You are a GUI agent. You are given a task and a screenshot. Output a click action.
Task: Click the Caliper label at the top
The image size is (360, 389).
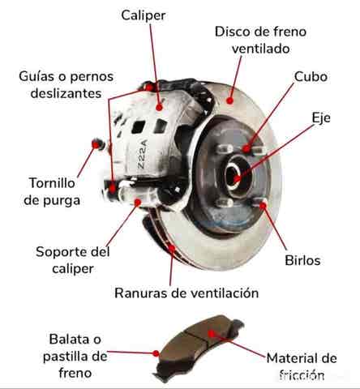pos(144,15)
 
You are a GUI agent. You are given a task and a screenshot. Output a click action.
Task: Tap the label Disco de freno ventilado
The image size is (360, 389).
pos(260,40)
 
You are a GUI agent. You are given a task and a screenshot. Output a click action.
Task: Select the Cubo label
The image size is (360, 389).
pos(311,76)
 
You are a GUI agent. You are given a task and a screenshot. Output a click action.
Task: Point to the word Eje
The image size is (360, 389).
pos(321,118)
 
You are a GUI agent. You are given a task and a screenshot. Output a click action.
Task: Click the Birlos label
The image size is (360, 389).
pos(302,260)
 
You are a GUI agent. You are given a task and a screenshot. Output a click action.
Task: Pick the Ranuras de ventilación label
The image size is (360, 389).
pos(186,293)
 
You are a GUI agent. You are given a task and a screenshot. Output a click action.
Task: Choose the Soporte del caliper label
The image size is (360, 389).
pos(73,260)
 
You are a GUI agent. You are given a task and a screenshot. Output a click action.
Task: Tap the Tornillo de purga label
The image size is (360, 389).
pos(52,191)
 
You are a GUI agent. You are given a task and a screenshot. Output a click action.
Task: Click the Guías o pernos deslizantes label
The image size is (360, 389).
pos(66,85)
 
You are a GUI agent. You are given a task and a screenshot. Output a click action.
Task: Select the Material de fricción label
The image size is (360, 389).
pos(302,366)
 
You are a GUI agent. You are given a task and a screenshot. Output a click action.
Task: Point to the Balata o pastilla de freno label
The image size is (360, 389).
pos(75,356)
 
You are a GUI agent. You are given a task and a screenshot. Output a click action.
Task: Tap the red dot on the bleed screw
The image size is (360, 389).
pos(96,144)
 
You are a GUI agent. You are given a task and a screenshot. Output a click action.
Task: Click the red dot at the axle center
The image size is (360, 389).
pos(237,178)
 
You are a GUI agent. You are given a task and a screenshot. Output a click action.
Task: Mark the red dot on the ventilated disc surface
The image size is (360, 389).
pos(230,100)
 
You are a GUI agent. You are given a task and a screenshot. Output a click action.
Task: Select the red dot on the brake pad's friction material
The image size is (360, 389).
pos(212,334)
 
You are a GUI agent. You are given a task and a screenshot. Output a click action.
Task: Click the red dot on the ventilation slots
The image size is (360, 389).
pos(172,248)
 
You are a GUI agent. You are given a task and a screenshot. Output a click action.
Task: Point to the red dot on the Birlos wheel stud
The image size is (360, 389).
pos(263,206)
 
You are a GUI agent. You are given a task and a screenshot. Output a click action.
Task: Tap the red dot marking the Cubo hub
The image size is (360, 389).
pos(246,148)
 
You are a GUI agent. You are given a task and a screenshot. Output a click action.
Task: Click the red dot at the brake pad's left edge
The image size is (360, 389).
pos(156,353)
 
